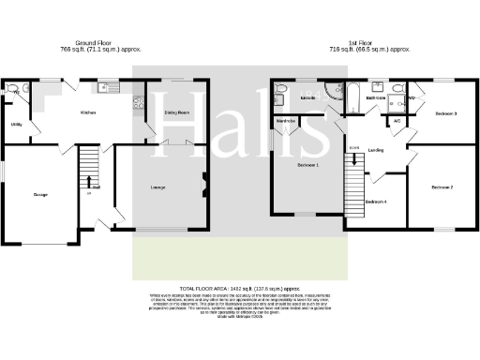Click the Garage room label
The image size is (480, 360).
coord(41,194)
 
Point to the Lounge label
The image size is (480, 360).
coord(158,187)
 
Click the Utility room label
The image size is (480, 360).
coord(17,123)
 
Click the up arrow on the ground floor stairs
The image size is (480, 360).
coord(90,181)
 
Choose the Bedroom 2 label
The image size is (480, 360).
coord(442,187)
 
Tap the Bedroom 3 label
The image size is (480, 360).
coord(445,113)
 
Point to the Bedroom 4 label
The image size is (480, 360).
coord(376,202)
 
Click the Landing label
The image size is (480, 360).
coord(376,149)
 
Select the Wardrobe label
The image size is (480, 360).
coord(286,121)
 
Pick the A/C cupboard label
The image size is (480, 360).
coord(397,121)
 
